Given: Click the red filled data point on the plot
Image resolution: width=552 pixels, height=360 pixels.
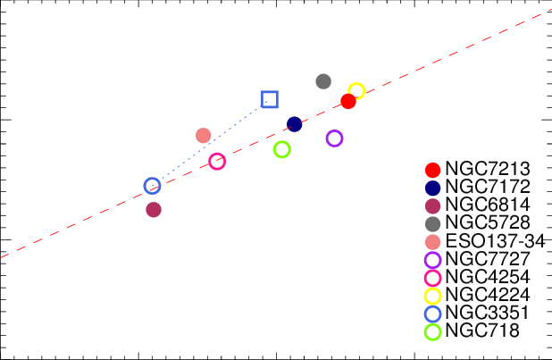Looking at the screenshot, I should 348,101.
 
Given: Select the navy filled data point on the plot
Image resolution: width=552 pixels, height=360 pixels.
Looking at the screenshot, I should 295,123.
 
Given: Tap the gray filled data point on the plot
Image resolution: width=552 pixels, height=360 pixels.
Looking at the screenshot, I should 323,81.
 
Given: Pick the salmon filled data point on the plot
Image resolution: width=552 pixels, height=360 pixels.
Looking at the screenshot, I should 204,136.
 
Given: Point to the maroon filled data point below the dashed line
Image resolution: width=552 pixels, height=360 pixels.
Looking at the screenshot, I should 154,210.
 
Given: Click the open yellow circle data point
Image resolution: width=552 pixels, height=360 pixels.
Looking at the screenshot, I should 356,90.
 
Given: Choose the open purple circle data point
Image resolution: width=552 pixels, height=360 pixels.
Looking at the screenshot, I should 334,138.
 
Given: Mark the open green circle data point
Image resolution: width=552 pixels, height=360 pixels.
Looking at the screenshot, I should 281,149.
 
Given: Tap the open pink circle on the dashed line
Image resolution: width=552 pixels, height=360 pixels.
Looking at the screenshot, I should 217,162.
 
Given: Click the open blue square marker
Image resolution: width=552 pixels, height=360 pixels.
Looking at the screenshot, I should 270,99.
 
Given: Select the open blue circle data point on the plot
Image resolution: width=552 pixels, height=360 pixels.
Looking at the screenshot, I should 153,186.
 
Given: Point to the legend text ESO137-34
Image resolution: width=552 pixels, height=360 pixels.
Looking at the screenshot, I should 495,242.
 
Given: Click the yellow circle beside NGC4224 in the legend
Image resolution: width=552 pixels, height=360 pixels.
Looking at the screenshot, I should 433,296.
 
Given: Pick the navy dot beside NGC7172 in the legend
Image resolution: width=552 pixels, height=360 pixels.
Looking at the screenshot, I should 433,188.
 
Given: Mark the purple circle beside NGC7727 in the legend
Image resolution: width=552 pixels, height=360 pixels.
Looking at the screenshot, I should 433,260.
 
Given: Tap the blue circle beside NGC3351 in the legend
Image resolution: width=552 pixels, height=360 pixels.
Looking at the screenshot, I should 433,314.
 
